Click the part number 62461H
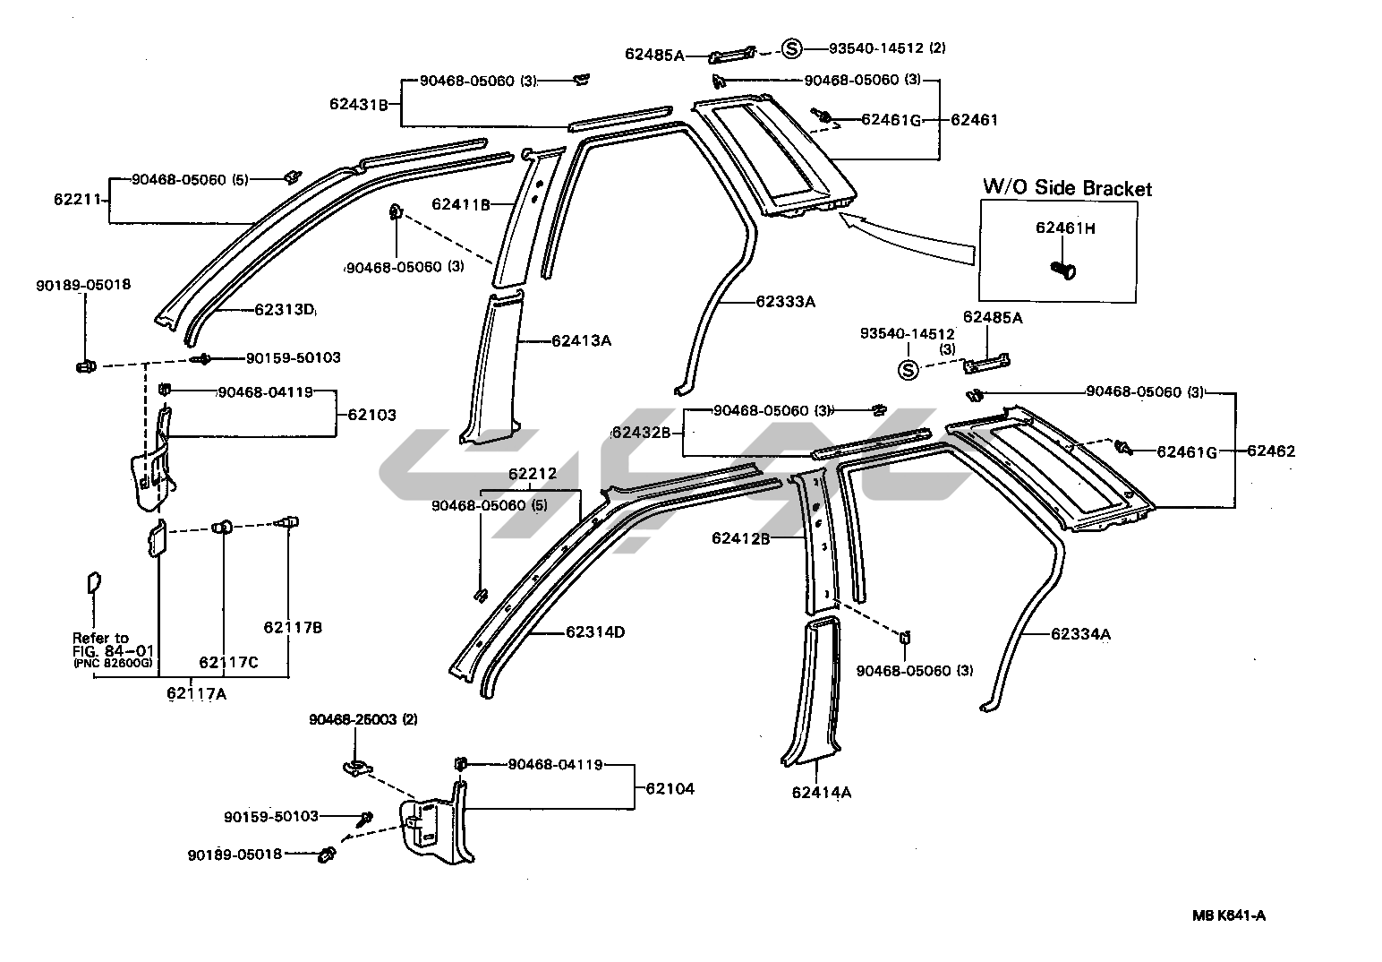1065,228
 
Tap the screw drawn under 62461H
1063,268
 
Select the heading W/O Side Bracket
1067,188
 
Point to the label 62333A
785,302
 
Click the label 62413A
581,340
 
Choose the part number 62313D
285,310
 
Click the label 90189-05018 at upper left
83,285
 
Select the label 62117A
196,691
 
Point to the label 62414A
821,792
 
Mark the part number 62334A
1080,634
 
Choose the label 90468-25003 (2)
363,719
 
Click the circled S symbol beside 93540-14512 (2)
791,48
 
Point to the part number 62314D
595,632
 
